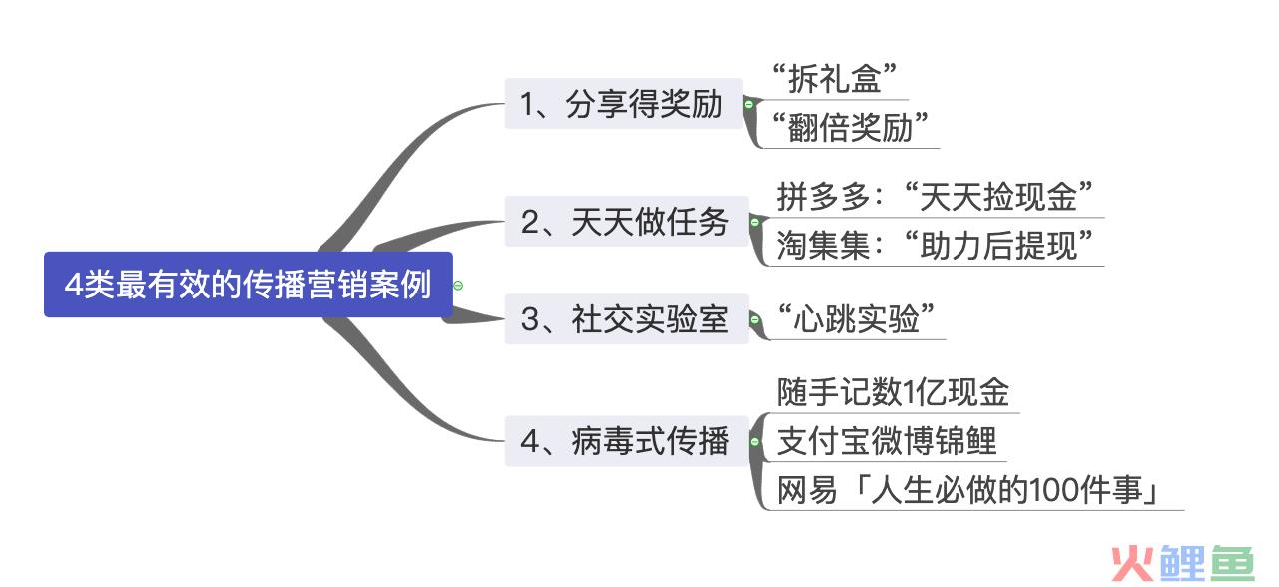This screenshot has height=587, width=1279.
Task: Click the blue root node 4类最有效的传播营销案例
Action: pyautogui.click(x=249, y=285)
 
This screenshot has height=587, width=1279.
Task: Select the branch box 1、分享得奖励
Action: pyautogui.click(x=623, y=104)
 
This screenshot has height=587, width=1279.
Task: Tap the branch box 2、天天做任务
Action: pyautogui.click(x=626, y=221)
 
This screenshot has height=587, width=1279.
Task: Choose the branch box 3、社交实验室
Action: pyautogui.click(x=626, y=318)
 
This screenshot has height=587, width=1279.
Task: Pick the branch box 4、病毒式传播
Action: pyautogui.click(x=626, y=441)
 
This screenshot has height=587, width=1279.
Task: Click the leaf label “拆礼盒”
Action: pyautogui.click(x=835, y=78)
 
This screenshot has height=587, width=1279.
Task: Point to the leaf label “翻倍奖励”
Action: pyautogui.click(x=850, y=127)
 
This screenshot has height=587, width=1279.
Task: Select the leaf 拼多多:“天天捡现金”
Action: pyautogui.click(x=935, y=196)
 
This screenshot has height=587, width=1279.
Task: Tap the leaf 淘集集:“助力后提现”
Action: pyautogui.click(x=935, y=245)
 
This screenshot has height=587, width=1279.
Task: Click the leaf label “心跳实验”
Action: pyautogui.click(x=856, y=318)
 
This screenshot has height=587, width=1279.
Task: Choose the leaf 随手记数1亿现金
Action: pyautogui.click(x=893, y=392)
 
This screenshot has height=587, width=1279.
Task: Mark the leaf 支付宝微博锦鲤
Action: pyautogui.click(x=887, y=441)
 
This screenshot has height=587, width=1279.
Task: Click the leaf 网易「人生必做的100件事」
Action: pyautogui.click(x=968, y=490)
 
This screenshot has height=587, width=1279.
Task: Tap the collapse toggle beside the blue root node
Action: pyautogui.click(x=458, y=285)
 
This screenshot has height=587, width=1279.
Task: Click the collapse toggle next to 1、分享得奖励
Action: pyautogui.click(x=748, y=104)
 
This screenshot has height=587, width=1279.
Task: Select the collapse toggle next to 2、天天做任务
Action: pyautogui.click(x=754, y=222)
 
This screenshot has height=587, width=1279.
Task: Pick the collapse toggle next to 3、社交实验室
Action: pyautogui.click(x=754, y=319)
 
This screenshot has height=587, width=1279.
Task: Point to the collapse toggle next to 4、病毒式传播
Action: pyautogui.click(x=754, y=441)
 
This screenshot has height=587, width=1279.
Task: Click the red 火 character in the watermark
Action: pyautogui.click(x=1132, y=564)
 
